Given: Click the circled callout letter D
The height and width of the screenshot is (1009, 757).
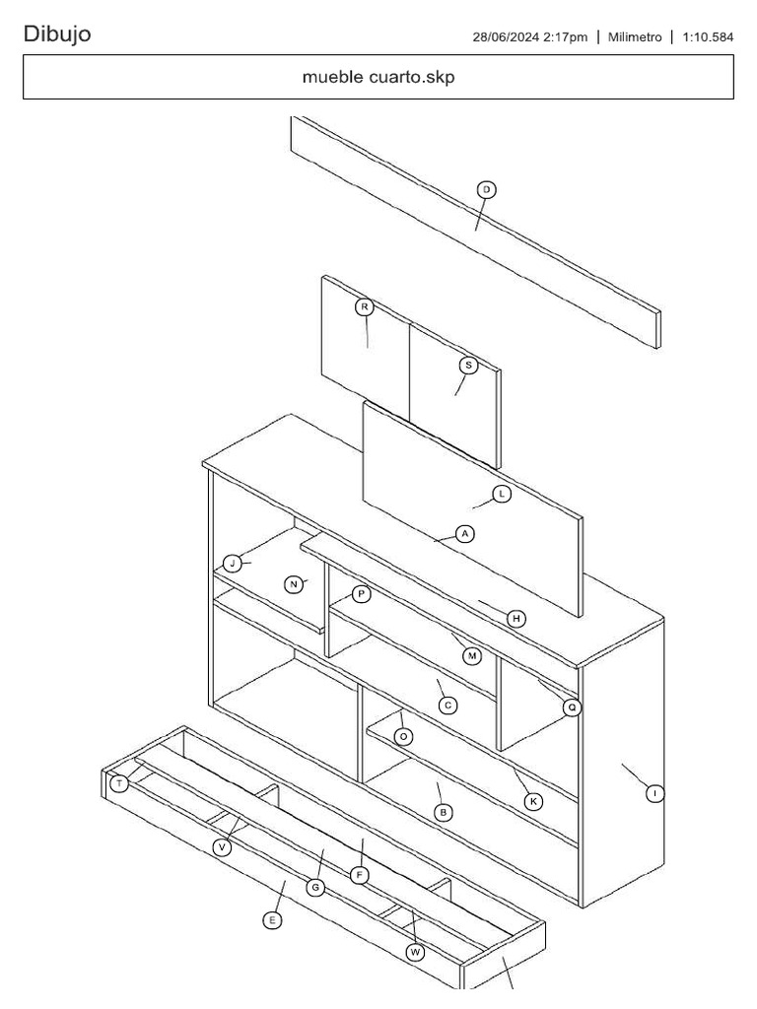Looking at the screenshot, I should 486,189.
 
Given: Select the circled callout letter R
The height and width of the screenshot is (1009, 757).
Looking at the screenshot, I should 364,307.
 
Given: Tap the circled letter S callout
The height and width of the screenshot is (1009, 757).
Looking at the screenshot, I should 469,366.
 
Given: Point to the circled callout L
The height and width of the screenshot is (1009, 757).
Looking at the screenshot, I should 502,494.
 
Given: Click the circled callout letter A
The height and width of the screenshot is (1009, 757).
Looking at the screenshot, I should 465,534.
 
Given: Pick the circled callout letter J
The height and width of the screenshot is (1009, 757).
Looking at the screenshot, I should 232,564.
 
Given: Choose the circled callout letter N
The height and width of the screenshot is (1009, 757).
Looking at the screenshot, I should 294,584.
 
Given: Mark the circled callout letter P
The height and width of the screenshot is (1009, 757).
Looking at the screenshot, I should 361,594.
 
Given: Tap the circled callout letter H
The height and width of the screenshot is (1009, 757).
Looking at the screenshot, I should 516,619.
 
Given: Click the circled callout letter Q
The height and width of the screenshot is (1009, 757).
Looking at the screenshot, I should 572,707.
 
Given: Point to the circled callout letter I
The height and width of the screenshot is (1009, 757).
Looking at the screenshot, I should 655,792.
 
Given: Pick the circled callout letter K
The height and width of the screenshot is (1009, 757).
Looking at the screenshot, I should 533,802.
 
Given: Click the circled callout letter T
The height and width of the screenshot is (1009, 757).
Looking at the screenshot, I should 119,784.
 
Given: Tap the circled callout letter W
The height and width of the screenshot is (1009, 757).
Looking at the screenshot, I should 416,952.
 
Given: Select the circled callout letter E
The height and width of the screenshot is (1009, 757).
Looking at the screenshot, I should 273,920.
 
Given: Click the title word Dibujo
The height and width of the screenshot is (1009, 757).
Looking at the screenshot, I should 57,34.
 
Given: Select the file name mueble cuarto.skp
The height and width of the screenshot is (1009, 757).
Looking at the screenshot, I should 378,78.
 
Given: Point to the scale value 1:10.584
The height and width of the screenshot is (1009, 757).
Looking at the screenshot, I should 708,37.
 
